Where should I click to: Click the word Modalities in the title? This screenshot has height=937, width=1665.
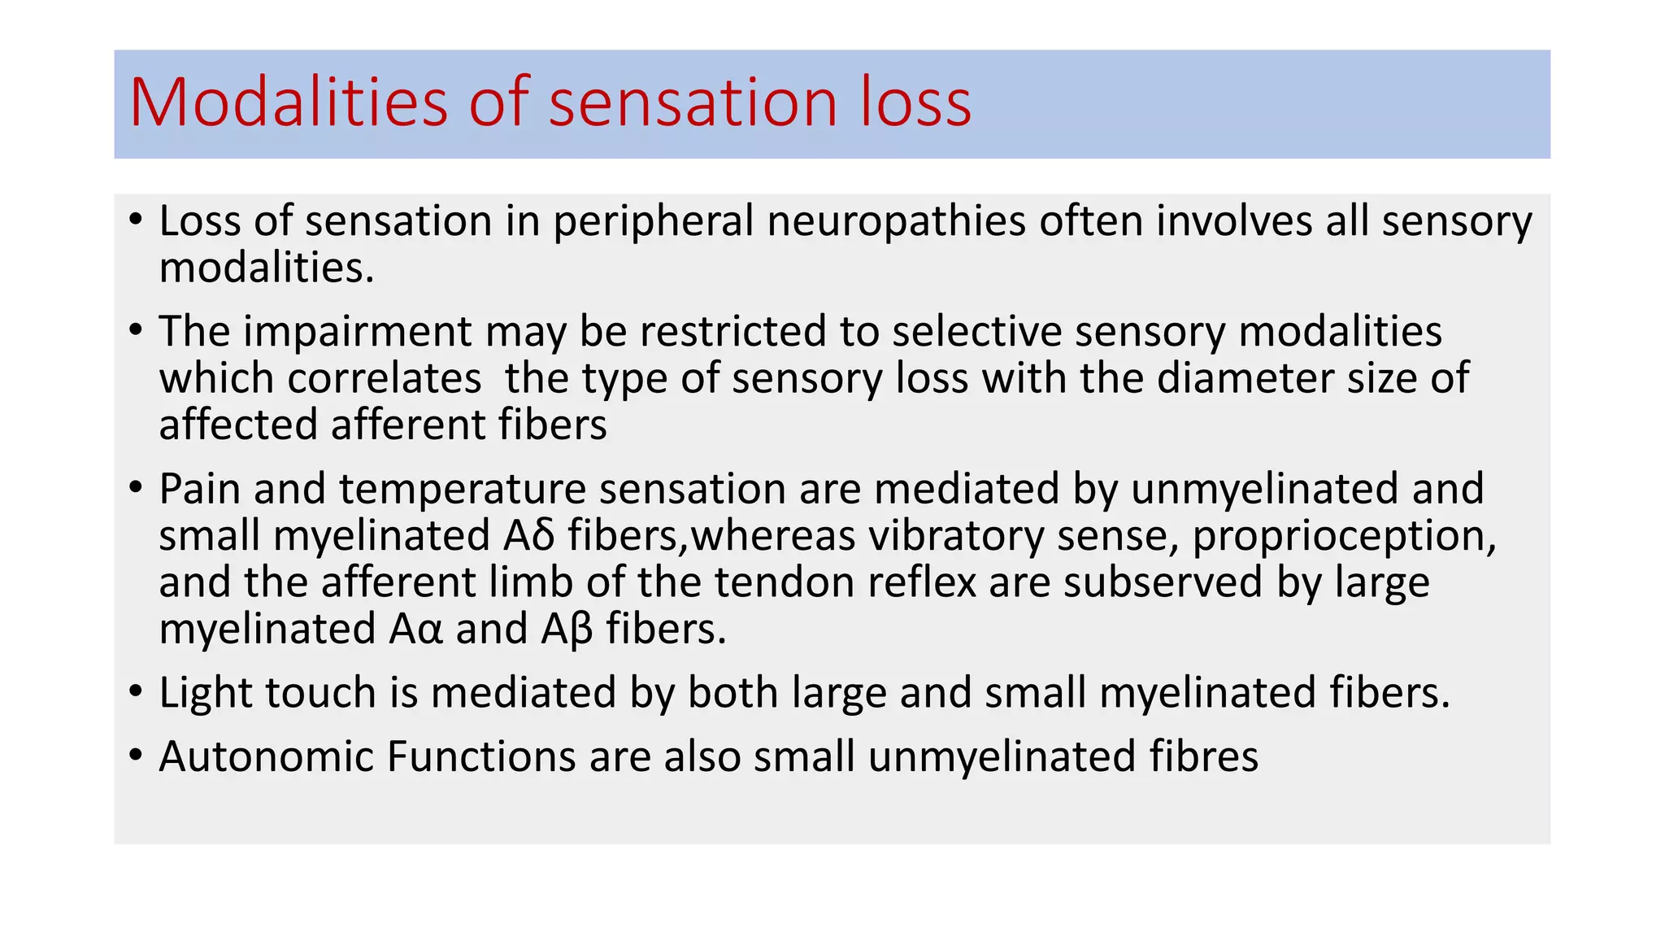tap(289, 102)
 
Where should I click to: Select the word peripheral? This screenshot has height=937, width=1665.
tap(654, 222)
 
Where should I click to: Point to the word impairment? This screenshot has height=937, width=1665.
tap(357, 332)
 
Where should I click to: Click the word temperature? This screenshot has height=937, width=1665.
tap(462, 490)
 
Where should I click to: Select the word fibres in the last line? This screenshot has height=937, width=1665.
tap(1203, 756)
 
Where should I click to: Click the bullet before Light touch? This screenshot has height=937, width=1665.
tap(136, 693)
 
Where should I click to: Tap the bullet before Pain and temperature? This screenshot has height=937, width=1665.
tap(136, 490)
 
